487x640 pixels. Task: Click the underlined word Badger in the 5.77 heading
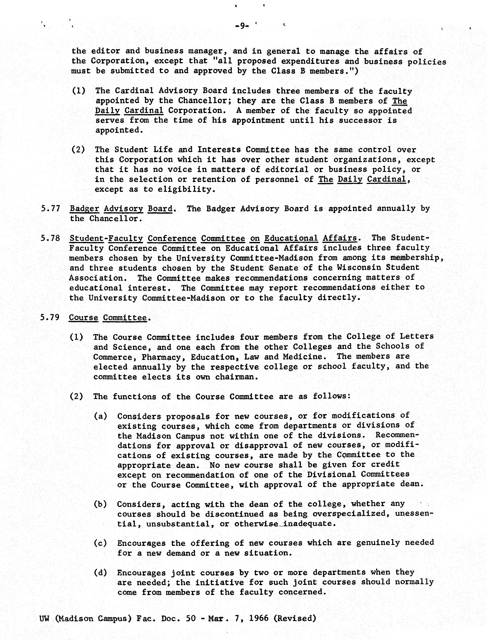84,209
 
